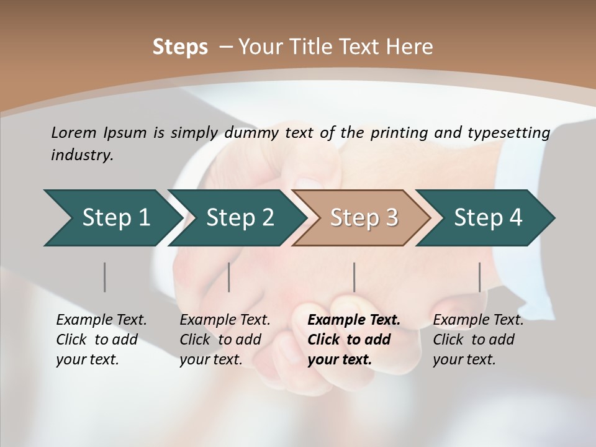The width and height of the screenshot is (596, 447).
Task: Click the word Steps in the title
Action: click(x=180, y=47)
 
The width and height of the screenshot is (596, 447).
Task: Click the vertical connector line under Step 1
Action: click(x=105, y=277)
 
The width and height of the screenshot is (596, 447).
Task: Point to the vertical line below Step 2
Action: click(x=229, y=277)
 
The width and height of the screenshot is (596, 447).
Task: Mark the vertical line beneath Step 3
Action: click(x=354, y=277)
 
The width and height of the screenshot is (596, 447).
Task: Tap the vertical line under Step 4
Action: click(x=479, y=277)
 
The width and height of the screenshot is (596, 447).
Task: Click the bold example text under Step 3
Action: click(x=353, y=340)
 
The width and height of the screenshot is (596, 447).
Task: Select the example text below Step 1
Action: click(x=101, y=340)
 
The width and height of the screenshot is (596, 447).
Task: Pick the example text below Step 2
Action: click(x=225, y=340)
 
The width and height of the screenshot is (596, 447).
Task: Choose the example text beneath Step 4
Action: click(x=478, y=340)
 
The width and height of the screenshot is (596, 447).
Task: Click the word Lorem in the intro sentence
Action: click(x=73, y=133)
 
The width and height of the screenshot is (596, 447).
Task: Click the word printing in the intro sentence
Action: click(x=397, y=133)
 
